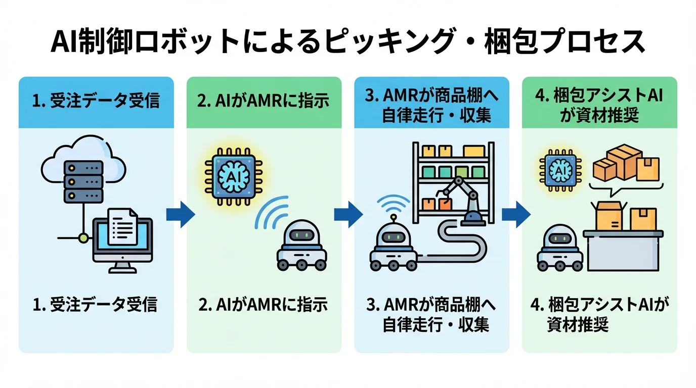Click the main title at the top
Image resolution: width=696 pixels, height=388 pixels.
[348, 42]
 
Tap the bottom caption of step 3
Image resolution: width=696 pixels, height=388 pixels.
[431, 314]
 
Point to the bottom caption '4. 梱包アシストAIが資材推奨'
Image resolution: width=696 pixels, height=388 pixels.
[599, 314]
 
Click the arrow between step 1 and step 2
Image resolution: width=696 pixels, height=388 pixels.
[180, 215]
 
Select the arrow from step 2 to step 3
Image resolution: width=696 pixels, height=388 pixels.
[348, 215]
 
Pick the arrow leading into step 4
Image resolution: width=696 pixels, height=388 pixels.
[515, 215]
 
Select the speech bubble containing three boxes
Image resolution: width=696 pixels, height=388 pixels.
[626, 167]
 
